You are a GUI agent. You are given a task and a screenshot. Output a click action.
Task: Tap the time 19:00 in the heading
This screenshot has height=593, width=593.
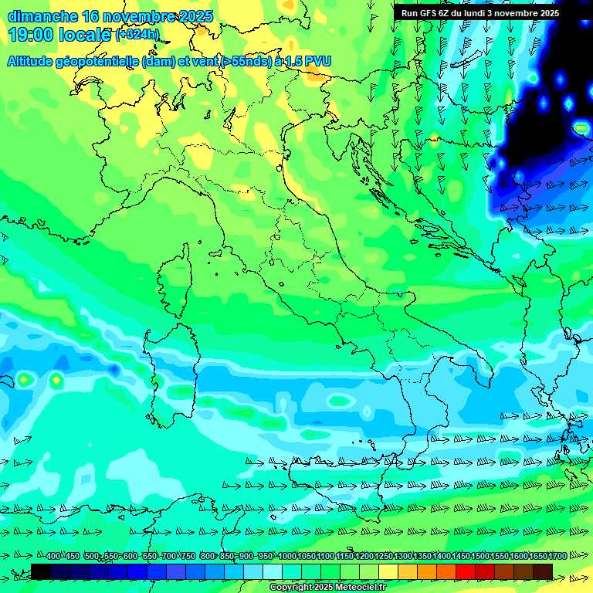32,34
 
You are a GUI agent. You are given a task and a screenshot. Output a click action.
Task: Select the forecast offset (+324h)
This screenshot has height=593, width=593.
137,35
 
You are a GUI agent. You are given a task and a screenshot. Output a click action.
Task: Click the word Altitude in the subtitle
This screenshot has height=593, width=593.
32,61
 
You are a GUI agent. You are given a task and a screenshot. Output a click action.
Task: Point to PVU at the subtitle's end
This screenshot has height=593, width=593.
318,61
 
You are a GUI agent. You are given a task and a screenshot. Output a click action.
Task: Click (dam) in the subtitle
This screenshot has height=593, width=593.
158,61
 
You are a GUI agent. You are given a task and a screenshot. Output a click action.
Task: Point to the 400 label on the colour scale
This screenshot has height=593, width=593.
53,557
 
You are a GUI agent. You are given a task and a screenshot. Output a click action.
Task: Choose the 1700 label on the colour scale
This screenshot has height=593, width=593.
537,557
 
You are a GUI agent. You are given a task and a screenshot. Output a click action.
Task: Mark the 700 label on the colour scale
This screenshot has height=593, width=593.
169,557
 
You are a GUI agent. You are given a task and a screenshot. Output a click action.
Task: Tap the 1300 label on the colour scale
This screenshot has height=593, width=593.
402,557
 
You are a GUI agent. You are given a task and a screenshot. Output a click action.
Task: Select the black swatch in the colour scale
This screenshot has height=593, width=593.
41,571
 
